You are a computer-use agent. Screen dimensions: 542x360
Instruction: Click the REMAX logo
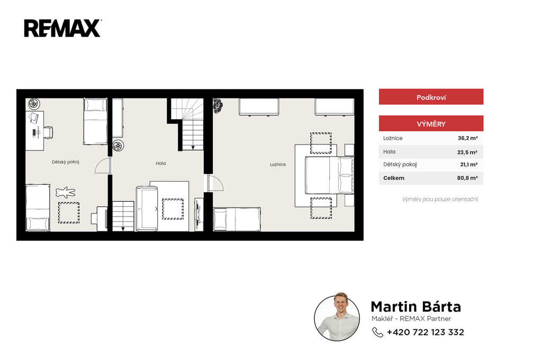(x=62, y=28)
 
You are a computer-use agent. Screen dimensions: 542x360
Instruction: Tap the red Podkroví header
(x=431, y=97)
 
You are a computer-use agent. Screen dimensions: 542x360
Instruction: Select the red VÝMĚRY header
(x=431, y=123)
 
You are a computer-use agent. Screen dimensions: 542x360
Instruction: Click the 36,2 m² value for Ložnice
(x=468, y=138)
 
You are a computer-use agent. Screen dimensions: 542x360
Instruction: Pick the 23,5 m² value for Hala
(x=467, y=152)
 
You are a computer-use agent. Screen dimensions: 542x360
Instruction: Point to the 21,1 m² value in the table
(x=469, y=165)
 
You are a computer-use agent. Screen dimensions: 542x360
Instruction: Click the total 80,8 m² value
(x=467, y=178)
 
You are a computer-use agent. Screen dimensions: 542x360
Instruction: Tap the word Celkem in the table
(x=394, y=178)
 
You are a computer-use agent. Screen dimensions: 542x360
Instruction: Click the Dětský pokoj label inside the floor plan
(x=65, y=162)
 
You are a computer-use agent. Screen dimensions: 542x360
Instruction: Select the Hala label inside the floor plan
(x=161, y=163)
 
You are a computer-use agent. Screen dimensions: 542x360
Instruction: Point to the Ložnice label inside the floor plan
(x=278, y=165)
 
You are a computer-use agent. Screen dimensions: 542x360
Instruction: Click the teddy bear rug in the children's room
(x=65, y=192)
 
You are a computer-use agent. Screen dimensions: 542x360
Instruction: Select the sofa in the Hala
(x=147, y=209)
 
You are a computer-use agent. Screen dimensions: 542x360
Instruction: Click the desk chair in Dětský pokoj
(x=48, y=132)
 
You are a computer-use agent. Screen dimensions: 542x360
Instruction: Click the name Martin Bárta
(x=416, y=307)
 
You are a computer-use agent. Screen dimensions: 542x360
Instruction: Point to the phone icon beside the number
(x=377, y=332)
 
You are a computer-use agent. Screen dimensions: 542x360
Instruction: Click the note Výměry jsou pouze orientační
(x=440, y=199)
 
